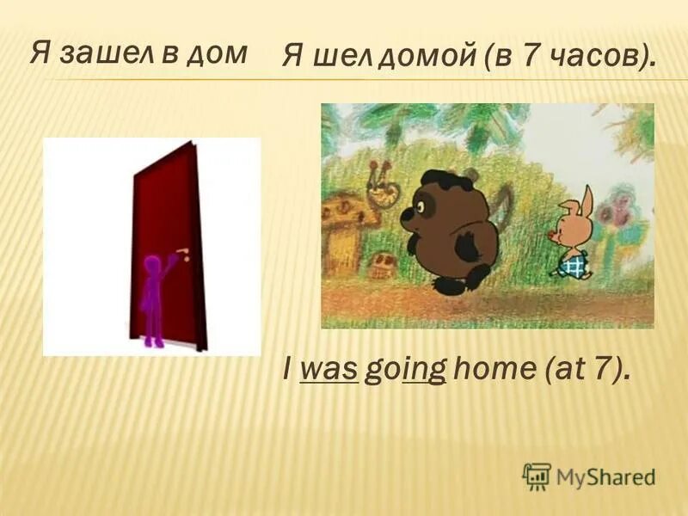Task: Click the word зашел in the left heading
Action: tap(108, 53)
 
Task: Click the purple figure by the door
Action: tap(154, 297)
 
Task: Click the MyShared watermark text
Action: tap(605, 476)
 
